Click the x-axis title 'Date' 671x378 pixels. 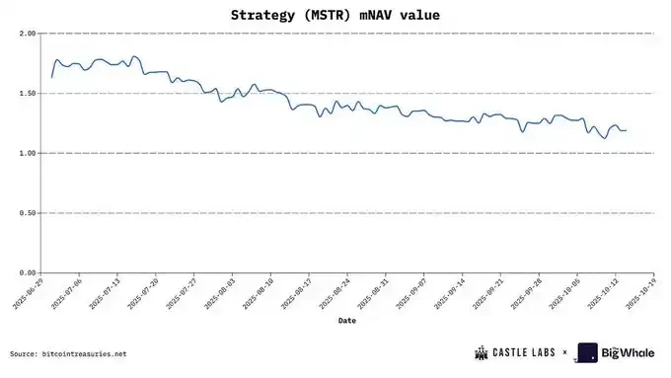coord(346,321)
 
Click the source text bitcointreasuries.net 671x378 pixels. coord(84,353)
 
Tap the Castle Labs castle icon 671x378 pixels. coord(483,352)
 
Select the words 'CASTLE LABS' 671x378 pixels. coord(524,352)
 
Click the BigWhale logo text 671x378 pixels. coord(623,352)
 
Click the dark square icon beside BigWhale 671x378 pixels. coord(587,352)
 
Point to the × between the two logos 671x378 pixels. coord(564,352)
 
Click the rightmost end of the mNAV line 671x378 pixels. coord(626,130)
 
